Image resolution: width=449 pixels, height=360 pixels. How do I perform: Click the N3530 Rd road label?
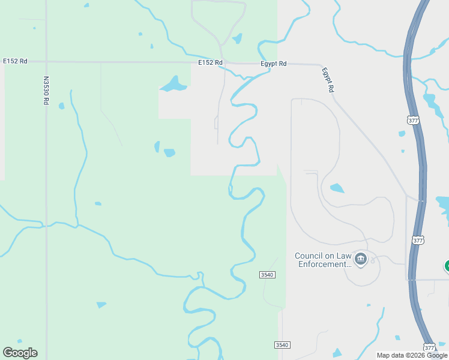pos(46,91)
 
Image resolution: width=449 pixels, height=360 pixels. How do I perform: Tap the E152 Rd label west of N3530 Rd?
pos(15,61)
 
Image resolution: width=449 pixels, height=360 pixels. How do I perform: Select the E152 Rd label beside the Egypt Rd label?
pos(211,62)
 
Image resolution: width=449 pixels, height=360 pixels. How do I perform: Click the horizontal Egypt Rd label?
pos(274,63)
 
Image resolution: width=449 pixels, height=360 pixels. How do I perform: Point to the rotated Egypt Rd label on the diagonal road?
pos(327,79)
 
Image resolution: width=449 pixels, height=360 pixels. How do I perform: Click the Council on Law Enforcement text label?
pos(323,260)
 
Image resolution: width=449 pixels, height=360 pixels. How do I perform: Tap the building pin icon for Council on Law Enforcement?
pos(361,259)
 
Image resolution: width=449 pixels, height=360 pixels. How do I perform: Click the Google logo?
pos(20,353)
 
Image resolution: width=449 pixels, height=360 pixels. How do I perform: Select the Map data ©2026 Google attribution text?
pos(412,355)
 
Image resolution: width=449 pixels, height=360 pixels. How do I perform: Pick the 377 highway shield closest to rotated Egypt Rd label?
pos(413,120)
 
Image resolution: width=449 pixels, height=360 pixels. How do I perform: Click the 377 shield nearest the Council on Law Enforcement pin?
pos(418,240)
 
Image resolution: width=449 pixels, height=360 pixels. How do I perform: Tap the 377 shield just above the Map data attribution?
pos(429,347)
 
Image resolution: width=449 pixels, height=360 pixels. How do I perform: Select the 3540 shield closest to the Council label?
pos(267,275)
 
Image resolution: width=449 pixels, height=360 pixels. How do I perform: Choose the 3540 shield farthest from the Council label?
pos(282,344)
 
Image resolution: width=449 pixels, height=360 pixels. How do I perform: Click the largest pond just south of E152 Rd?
pos(173,84)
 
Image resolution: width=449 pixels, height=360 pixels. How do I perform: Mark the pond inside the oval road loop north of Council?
pos(337,188)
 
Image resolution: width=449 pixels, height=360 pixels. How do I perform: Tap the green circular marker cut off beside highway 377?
pos(447,265)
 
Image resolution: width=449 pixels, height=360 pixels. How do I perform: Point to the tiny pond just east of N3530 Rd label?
pos(61,106)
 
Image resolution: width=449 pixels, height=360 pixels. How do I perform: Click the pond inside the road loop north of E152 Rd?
pos(237,38)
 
